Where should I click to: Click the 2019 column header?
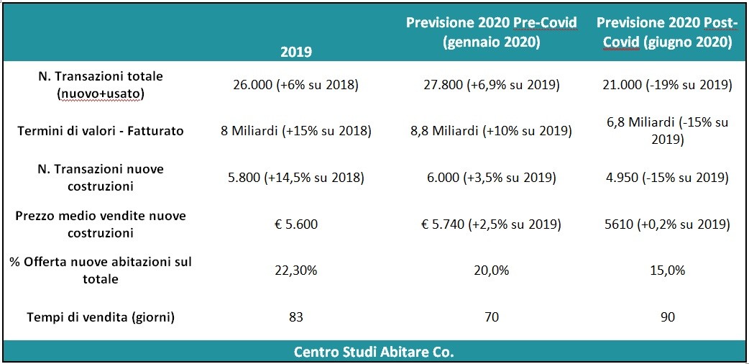pyautogui.click(x=295, y=53)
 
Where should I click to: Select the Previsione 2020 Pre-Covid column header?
pyautogui.click(x=492, y=33)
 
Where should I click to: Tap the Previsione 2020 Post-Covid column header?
pyautogui.click(x=667, y=33)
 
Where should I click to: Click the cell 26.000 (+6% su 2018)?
pyautogui.click(x=295, y=85)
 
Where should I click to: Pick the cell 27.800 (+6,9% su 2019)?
pyautogui.click(x=492, y=85)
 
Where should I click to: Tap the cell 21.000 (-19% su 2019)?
pyautogui.click(x=667, y=85)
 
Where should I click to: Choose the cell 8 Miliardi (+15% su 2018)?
pyautogui.click(x=295, y=131)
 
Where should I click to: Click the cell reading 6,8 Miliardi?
pyautogui.click(x=667, y=131)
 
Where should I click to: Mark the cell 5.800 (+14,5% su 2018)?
pyautogui.click(x=295, y=178)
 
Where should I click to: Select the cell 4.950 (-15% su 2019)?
pyautogui.click(x=667, y=178)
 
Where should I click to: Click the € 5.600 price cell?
pyautogui.click(x=295, y=224)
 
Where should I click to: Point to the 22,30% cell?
pyautogui.click(x=295, y=270)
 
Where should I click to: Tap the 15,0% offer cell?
pyautogui.click(x=667, y=270)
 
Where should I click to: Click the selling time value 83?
pyautogui.click(x=295, y=317)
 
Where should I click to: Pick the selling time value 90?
pyautogui.click(x=667, y=317)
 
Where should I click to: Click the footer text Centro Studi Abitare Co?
pyautogui.click(x=374, y=352)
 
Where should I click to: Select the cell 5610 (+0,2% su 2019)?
pyautogui.click(x=667, y=224)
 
